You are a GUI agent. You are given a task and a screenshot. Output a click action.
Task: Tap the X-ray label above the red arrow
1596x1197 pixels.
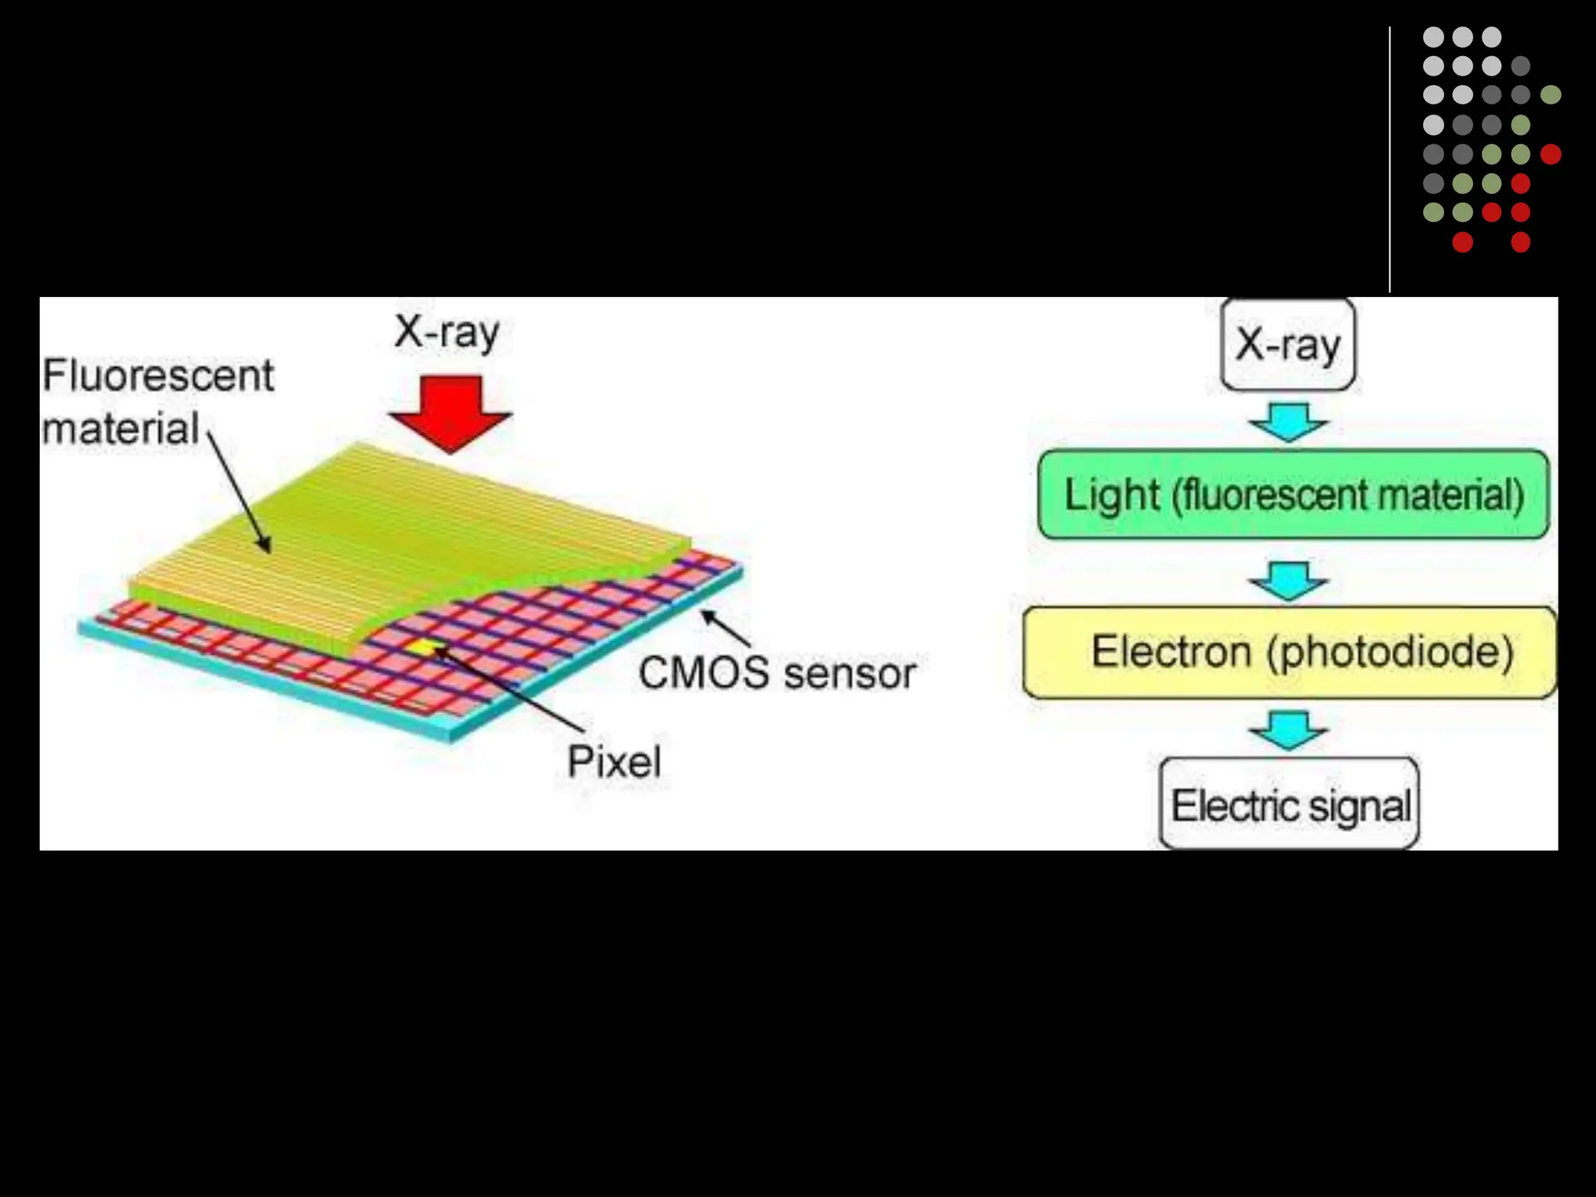[x=447, y=333]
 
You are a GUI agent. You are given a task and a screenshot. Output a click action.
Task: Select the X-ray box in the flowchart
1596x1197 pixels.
[x=1288, y=344]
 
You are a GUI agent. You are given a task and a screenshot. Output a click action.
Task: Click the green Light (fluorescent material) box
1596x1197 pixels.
[x=1294, y=495]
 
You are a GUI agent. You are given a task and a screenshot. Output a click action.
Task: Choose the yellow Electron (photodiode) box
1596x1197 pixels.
[x=1290, y=651]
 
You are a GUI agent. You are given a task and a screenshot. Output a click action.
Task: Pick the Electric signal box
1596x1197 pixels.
[x=1290, y=805]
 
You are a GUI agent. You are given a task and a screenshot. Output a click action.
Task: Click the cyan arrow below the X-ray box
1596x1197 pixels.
[x=1289, y=422]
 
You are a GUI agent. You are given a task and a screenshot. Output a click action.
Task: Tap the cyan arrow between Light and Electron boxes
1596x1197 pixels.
[x=1289, y=580]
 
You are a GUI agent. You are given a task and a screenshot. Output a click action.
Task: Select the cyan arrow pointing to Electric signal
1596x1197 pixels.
[x=1289, y=729]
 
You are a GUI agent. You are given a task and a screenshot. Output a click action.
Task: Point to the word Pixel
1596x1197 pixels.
[x=614, y=761]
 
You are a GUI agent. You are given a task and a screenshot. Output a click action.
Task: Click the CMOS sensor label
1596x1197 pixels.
[x=777, y=673]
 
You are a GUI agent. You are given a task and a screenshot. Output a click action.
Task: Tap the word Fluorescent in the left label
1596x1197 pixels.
[x=158, y=376]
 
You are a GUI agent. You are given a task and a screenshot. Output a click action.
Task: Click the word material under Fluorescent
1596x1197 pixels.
[x=121, y=429]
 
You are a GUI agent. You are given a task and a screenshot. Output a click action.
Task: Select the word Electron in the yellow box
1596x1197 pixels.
[x=1171, y=651]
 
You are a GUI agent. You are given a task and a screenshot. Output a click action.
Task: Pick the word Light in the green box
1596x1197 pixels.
[x=1112, y=495]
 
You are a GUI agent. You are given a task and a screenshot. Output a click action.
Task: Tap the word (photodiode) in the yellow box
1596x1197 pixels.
[x=1390, y=651]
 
